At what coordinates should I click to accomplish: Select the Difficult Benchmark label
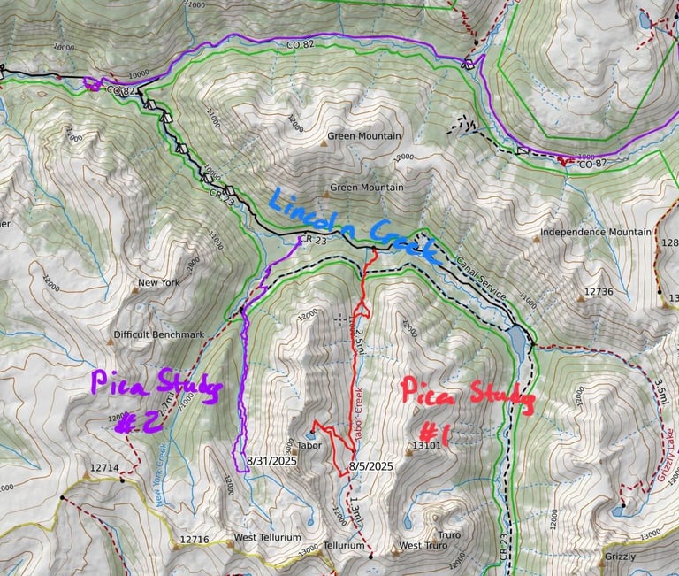pyautogui.click(x=158, y=334)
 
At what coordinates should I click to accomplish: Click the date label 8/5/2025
pyautogui.click(x=370, y=465)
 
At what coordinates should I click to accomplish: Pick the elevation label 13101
pyautogui.click(x=425, y=446)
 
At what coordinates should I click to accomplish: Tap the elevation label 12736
pyautogui.click(x=598, y=290)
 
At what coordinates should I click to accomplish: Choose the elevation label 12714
pyautogui.click(x=103, y=467)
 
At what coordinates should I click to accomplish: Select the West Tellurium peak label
pyautogui.click(x=267, y=537)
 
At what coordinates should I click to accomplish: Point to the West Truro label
pyautogui.click(x=423, y=546)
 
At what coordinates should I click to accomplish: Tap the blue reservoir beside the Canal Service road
pyautogui.click(x=517, y=337)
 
